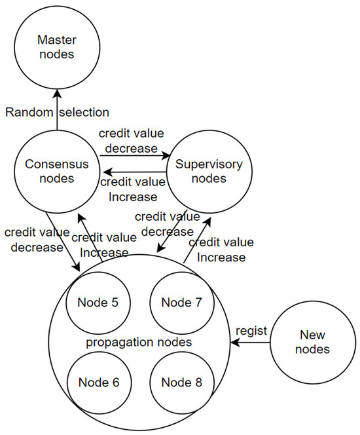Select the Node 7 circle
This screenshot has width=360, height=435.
click(x=177, y=303)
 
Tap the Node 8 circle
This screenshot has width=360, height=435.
click(x=177, y=383)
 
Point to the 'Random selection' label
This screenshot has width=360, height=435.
click(x=58, y=113)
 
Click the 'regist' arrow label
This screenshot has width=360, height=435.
click(x=253, y=331)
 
